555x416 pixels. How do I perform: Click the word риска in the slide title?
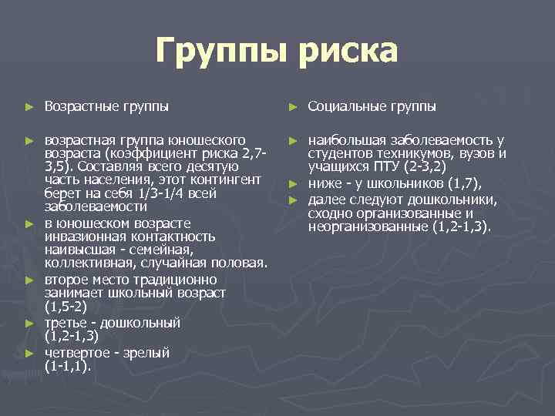pyautogui.click(x=348, y=52)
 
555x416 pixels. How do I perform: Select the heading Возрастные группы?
pyautogui.click(x=106, y=106)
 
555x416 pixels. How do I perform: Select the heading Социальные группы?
pyautogui.click(x=372, y=106)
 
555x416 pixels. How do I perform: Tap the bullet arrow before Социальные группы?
pyautogui.click(x=292, y=106)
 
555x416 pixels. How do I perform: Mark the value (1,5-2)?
pyautogui.click(x=67, y=307)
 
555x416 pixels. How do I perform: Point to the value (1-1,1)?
pyautogui.click(x=68, y=367)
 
